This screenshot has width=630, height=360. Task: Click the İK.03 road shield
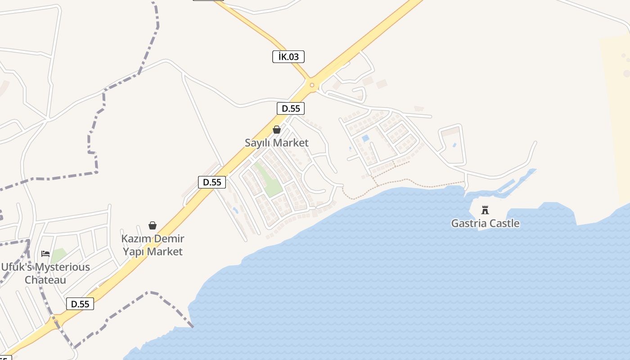coord(288,57)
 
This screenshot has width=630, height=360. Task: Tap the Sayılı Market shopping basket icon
coord(277,130)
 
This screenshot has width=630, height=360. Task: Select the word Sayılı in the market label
coord(257,143)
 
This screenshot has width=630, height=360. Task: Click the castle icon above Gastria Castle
coord(485,210)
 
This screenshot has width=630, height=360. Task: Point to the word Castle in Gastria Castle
coord(504,223)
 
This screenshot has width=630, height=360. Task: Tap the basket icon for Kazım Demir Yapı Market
coord(153,225)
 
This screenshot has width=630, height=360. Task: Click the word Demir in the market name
coord(169,239)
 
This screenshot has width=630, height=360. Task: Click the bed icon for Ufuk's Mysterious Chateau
coord(45,254)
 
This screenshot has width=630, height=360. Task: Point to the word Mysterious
coord(63,267)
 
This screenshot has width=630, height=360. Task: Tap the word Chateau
coord(45,280)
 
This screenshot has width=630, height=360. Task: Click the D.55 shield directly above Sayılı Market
coord(291,108)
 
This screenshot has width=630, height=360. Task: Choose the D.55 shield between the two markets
coord(212,182)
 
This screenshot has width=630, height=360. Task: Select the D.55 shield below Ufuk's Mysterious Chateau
coord(80,304)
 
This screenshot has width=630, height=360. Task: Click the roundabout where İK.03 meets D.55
coord(311,85)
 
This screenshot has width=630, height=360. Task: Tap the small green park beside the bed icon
coord(58,255)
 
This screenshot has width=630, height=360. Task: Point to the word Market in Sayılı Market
coord(292,143)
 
